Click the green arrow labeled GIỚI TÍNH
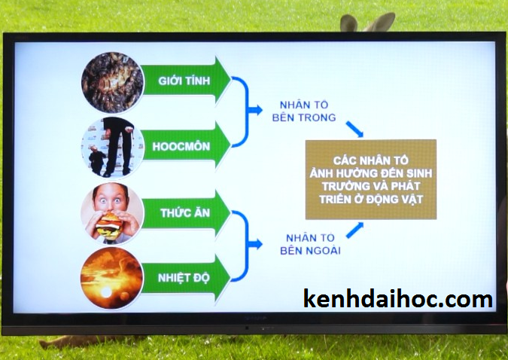click(x=187, y=80)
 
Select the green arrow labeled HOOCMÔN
click(x=187, y=146)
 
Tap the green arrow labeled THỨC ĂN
click(x=187, y=212)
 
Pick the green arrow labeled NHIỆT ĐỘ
click(x=187, y=278)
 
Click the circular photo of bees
click(x=112, y=82)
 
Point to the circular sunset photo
click(x=112, y=278)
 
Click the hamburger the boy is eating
click(x=108, y=224)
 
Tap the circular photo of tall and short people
click(x=112, y=148)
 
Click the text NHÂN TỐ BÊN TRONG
click(x=304, y=111)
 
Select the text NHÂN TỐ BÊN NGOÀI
click(x=310, y=244)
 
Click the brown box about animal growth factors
click(x=371, y=179)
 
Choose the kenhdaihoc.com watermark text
click(x=398, y=298)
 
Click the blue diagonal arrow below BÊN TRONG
click(x=354, y=129)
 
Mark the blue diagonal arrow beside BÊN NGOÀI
click(x=354, y=230)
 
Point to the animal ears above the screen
click(x=368, y=23)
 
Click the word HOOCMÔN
click(x=181, y=147)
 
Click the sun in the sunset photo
click(x=105, y=293)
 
